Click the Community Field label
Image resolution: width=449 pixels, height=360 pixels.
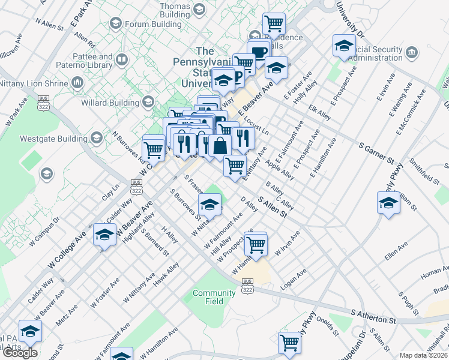point(214,297)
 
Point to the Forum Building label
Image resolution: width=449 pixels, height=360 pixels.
point(148,24)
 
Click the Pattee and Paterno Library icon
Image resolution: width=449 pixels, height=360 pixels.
point(122,60)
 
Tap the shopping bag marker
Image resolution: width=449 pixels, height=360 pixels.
point(220,146)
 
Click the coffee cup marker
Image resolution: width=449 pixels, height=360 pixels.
point(259,52)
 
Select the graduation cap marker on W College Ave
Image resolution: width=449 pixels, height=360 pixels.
point(104,235)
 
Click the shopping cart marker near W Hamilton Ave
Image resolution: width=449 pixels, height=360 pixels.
point(256,245)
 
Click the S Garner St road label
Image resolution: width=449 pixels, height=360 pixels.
point(376,154)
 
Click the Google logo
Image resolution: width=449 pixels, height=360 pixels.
point(19,353)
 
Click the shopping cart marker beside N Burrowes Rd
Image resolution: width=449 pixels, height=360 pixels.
point(154,148)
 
